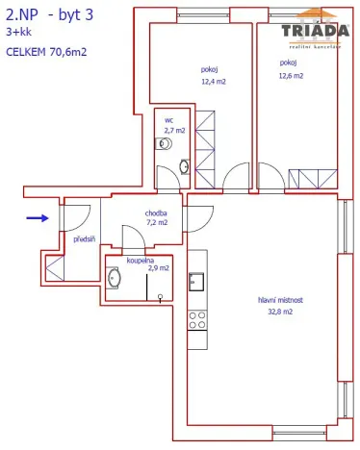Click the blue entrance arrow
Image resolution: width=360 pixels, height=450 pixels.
pyautogui.click(x=37, y=218)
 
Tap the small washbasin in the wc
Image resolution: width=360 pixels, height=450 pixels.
pyautogui.click(x=183, y=164)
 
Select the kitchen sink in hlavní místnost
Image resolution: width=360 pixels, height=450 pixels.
pyautogui.click(x=196, y=282)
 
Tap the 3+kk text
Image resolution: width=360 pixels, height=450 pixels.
pyautogui.click(x=18, y=32)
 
